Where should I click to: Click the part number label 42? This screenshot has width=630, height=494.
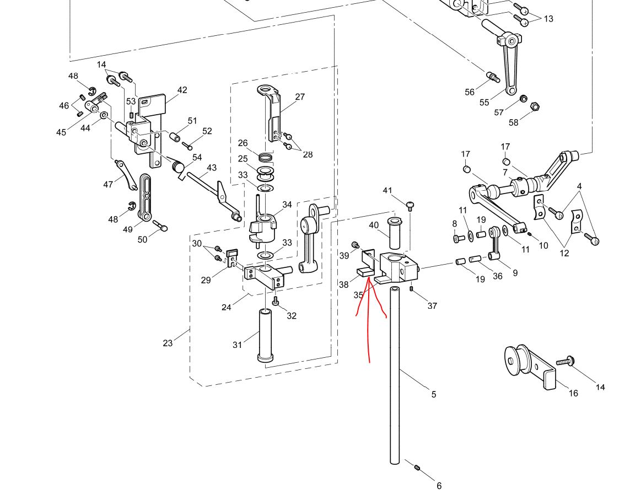click(182, 90)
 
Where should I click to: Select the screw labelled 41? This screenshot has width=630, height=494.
click(410, 206)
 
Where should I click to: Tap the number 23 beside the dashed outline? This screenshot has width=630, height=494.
click(168, 343)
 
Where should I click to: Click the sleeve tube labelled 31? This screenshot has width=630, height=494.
click(265, 335)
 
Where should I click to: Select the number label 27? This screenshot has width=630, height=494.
click(300, 97)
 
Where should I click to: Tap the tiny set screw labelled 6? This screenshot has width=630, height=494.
click(417, 468)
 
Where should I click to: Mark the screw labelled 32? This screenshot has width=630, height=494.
click(276, 302)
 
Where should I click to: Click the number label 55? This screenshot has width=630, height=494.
click(484, 103)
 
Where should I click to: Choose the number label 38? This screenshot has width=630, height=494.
click(344, 284)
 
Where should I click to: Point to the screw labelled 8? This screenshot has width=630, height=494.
click(456, 239)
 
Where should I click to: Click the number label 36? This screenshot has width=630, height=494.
click(498, 276)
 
